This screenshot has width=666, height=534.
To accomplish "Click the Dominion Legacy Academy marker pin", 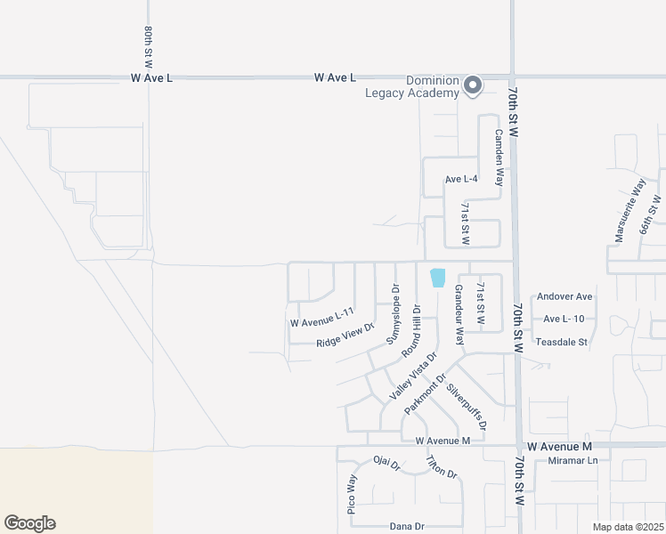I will (x=473, y=85).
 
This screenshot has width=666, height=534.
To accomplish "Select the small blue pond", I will (x=437, y=278).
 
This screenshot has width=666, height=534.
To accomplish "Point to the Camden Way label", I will (x=499, y=151).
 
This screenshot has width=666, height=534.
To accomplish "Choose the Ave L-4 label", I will (x=462, y=179).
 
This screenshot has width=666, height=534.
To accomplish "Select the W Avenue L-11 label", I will (x=321, y=315).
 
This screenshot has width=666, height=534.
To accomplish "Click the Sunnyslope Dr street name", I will (x=393, y=314).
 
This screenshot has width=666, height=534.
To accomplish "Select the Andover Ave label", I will (x=562, y=296).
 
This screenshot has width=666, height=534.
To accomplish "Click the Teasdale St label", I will (x=561, y=342).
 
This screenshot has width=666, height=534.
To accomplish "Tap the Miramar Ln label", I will (x=573, y=460).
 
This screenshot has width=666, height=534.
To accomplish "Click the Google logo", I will (x=29, y=523).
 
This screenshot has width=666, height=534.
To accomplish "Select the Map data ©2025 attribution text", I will (x=628, y=527).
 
